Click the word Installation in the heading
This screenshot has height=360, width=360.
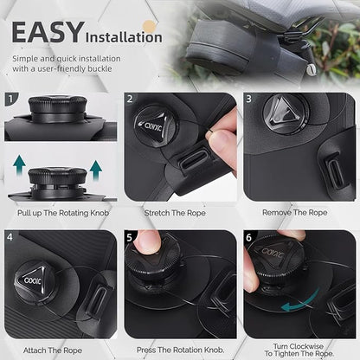(122, 36)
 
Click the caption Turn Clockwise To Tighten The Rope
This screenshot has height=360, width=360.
(299, 348)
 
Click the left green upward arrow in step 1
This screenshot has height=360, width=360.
(19, 164)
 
